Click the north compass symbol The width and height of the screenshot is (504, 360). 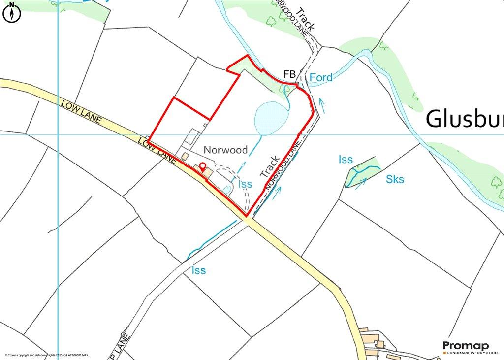point(12,13)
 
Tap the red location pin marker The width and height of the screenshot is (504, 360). point(202,166)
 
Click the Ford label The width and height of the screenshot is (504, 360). point(321,77)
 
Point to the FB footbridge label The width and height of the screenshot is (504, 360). point(289,74)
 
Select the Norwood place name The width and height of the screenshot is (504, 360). point(226,149)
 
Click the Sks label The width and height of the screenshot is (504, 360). point(395,179)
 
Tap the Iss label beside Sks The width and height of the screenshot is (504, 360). point(346,159)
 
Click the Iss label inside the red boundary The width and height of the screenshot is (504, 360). point(245,184)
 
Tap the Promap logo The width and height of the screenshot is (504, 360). point(466,345)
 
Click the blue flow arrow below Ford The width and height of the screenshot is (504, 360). point(321,104)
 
